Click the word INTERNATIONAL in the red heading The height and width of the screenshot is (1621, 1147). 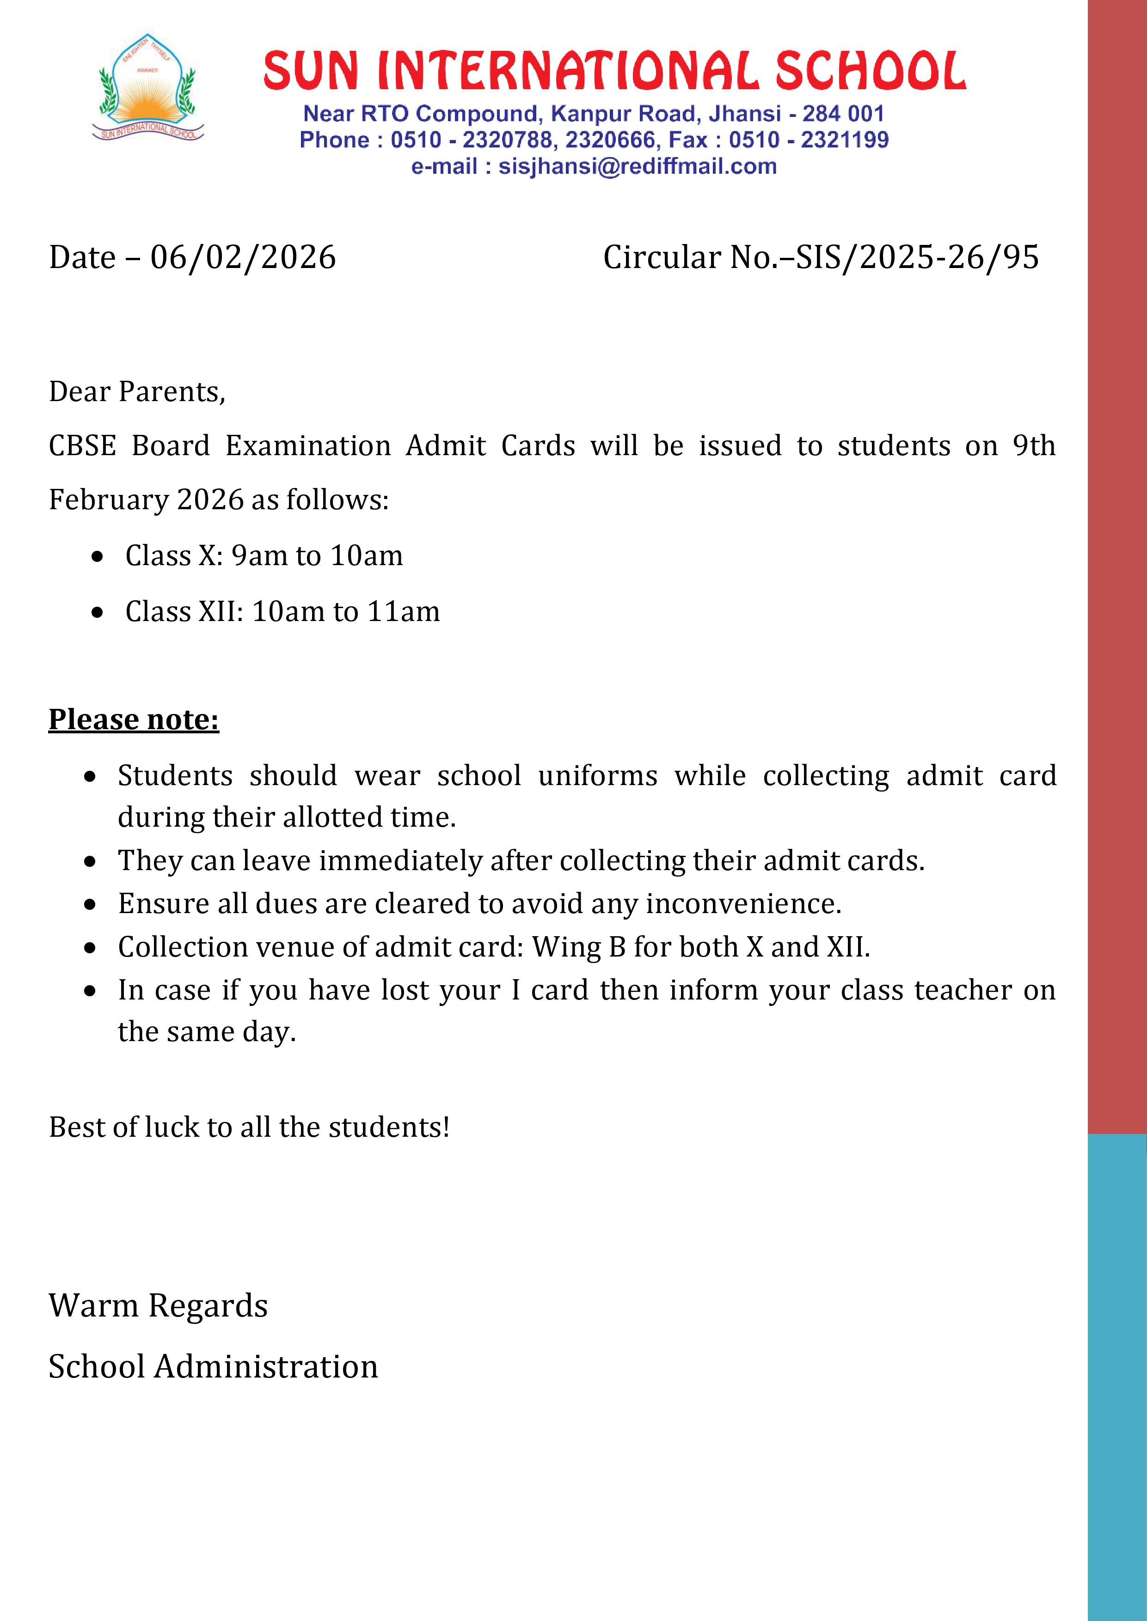[x=568, y=71]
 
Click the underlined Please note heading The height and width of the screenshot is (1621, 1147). [x=134, y=719]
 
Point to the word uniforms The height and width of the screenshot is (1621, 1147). [x=597, y=776]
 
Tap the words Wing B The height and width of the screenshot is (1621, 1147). [x=578, y=947]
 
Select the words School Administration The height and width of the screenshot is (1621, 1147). [x=213, y=1367]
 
